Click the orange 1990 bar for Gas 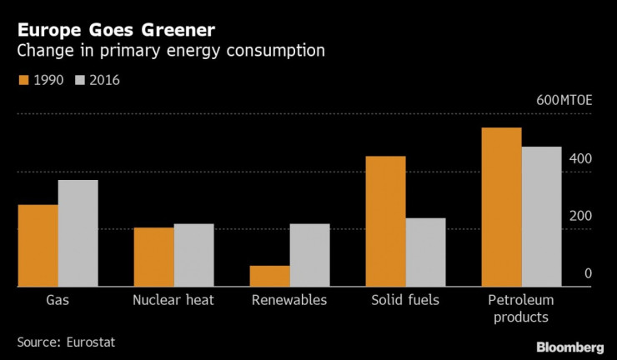(x=38, y=246)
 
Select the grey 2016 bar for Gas (x=78, y=233)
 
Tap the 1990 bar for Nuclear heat (x=154, y=257)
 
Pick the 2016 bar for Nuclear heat (x=193, y=255)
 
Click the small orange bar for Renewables (x=270, y=276)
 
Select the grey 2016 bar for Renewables (x=309, y=255)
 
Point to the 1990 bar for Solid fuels (x=386, y=222)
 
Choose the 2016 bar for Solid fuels (x=425, y=252)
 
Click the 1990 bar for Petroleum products (x=502, y=207)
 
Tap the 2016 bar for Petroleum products (x=541, y=217)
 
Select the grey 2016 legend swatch (x=81, y=80)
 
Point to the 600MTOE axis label (x=564, y=100)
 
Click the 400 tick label (x=581, y=158)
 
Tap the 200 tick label (x=581, y=216)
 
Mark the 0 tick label (x=588, y=273)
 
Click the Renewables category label (x=289, y=300)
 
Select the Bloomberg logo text (x=569, y=347)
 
